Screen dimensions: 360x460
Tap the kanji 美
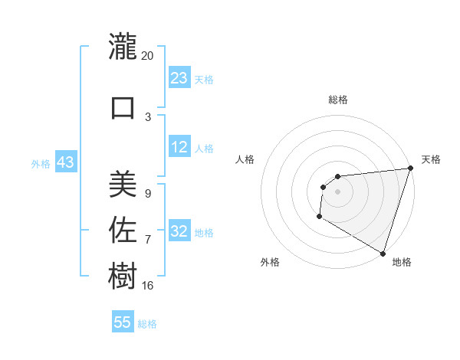[x=123, y=184]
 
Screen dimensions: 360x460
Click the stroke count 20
[x=147, y=56]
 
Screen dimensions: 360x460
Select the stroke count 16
[x=147, y=286]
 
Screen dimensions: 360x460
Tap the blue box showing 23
[x=179, y=79]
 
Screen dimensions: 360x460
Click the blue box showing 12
[x=179, y=148]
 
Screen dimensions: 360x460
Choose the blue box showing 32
[x=179, y=232]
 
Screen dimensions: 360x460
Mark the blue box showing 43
[x=65, y=163]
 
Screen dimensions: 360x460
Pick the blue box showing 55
[x=123, y=322]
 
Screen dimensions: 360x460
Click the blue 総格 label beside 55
[x=147, y=324]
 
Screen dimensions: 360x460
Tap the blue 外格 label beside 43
[x=41, y=164]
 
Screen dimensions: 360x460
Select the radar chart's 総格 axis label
[x=337, y=100]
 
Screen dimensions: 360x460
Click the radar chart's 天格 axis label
[x=431, y=159]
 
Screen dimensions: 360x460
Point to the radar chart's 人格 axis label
[x=245, y=159]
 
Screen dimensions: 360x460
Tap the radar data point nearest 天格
[x=409, y=169]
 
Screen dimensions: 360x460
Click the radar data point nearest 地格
[x=382, y=253]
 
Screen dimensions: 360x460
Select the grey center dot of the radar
[x=337, y=191]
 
